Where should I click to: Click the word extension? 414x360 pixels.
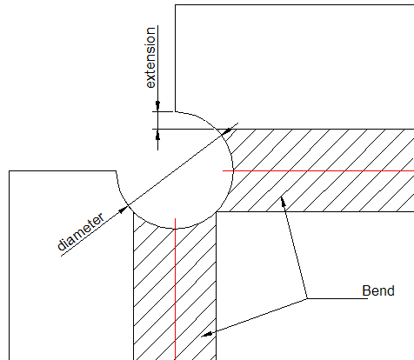(x=150, y=57)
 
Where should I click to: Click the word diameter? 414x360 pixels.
(x=81, y=232)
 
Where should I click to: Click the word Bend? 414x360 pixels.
(x=378, y=290)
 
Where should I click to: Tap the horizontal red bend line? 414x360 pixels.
(x=318, y=170)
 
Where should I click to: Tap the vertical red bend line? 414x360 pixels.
(x=175, y=289)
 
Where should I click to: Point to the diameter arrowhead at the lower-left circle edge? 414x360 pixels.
(x=124, y=210)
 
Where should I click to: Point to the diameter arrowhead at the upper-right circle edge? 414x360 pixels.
(x=228, y=131)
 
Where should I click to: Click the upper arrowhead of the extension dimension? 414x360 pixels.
(x=157, y=106)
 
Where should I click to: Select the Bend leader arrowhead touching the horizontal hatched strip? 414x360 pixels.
(x=283, y=202)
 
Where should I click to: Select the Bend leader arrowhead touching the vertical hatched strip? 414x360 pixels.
(x=207, y=335)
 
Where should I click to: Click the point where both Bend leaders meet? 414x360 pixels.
(x=307, y=298)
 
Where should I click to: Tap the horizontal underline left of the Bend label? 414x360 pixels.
(x=337, y=298)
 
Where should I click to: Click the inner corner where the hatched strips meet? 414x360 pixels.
(x=217, y=212)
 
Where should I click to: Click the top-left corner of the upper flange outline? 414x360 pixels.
(x=175, y=5)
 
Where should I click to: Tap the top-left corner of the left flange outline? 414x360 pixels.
(x=10, y=171)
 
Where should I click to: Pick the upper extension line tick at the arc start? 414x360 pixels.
(x=163, y=111)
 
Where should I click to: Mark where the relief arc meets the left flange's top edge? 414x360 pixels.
(x=117, y=171)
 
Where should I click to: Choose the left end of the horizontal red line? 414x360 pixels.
(x=223, y=170)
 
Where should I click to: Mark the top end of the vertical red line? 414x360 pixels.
(x=175, y=218)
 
